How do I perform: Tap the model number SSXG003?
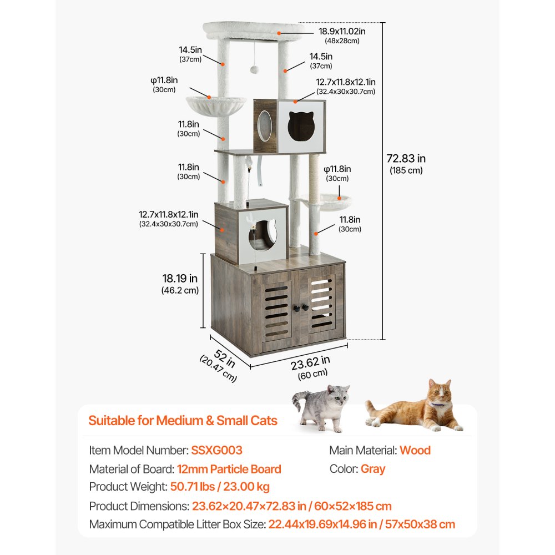coord(216,450)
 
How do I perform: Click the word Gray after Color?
coord(372,469)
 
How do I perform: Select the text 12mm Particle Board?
coord(230,469)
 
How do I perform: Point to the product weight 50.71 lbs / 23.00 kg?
coord(220,487)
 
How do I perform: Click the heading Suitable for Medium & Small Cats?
coord(183,420)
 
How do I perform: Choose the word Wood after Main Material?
coord(415,450)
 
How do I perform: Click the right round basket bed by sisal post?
coord(336,201)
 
